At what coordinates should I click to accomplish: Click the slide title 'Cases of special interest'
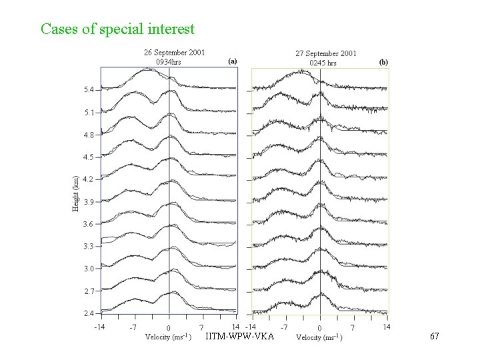pyautogui.click(x=117, y=29)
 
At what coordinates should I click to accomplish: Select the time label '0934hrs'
pyautogui.click(x=168, y=61)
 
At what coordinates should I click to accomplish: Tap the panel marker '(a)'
pyautogui.click(x=232, y=61)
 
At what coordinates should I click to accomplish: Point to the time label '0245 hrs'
pyautogui.click(x=323, y=63)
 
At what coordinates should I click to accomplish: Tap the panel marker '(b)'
pyautogui.click(x=383, y=61)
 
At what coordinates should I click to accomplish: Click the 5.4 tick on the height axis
pyautogui.click(x=88, y=89)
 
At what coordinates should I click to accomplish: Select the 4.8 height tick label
pyautogui.click(x=88, y=135)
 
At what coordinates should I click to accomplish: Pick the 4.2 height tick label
pyautogui.click(x=88, y=179)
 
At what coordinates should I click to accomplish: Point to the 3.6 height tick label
pyautogui.click(x=88, y=224)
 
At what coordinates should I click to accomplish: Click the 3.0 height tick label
pyautogui.click(x=88, y=269)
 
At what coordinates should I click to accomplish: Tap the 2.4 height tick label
pyautogui.click(x=88, y=313)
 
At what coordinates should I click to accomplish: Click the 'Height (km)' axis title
pyautogui.click(x=76, y=193)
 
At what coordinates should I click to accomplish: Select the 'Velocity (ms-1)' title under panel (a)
pyautogui.click(x=169, y=337)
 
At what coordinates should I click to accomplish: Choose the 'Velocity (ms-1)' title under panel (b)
pyautogui.click(x=320, y=337)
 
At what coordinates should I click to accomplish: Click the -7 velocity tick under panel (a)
pyautogui.click(x=133, y=327)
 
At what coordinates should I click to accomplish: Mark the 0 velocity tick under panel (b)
pyautogui.click(x=319, y=328)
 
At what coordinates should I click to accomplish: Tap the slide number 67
pyautogui.click(x=434, y=337)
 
